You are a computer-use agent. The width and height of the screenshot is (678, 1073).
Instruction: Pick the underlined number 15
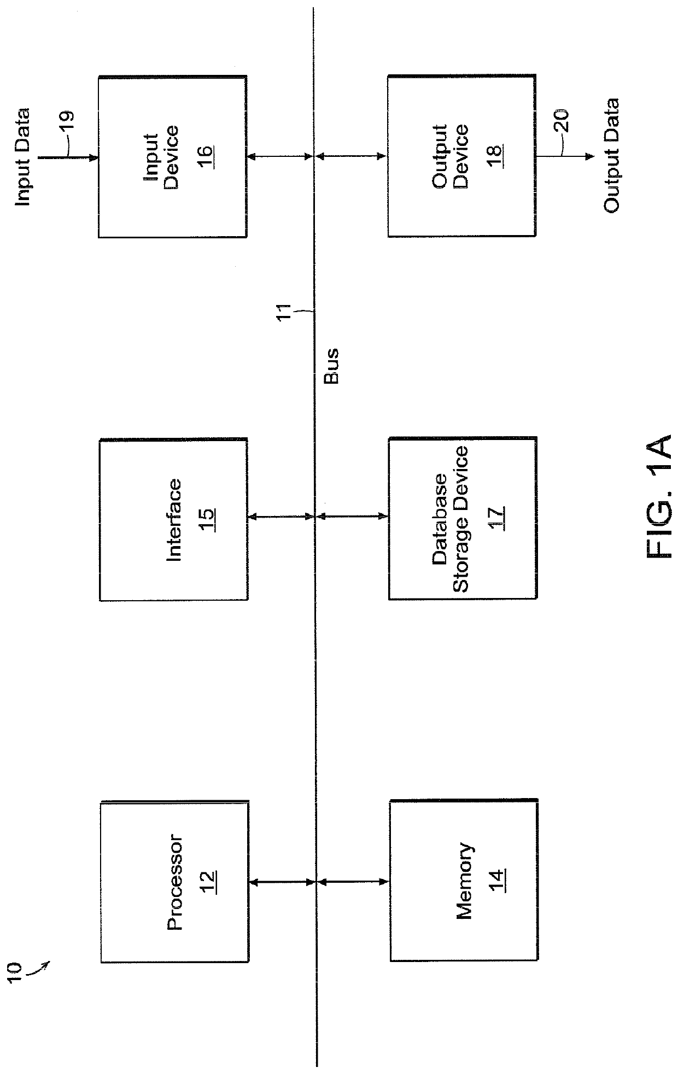pos(208,520)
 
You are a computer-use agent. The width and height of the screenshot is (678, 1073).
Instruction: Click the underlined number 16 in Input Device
pos(206,157)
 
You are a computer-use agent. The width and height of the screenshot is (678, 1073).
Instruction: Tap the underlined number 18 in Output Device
pos(496,156)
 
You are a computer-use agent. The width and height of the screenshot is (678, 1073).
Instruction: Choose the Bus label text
pos(332,366)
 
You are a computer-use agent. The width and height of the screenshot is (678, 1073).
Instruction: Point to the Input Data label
pos(22,157)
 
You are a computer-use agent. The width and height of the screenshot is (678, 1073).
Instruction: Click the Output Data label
pos(611,156)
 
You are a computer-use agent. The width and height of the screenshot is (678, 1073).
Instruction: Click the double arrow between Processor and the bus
pos(281,882)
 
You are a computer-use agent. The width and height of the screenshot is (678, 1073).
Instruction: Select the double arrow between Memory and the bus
pos(353,881)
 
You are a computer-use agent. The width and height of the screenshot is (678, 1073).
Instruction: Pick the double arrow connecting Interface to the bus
pos(281,517)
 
